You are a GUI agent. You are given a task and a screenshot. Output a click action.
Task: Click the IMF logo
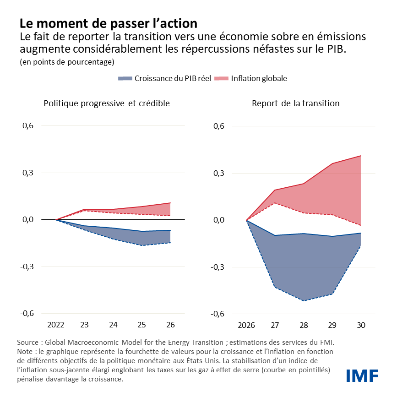tap(362, 375)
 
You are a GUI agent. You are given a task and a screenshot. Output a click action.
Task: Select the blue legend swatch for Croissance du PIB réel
tap(125, 78)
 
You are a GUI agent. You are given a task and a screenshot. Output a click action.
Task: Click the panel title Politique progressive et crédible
tap(107, 103)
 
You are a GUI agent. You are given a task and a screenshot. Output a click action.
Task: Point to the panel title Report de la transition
tap(295, 103)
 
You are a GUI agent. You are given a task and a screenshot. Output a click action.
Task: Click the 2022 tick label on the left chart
tap(56, 325)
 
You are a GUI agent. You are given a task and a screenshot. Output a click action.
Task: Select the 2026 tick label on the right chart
tap(246, 325)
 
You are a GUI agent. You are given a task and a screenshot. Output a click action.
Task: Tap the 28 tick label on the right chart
tap(304, 325)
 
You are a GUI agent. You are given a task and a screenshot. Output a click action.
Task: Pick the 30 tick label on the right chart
tap(361, 325)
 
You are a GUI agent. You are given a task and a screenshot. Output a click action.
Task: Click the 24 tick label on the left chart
tap(113, 325)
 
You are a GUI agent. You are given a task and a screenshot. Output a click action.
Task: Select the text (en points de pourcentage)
tap(66, 61)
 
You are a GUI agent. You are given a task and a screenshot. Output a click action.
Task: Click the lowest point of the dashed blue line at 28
tap(304, 300)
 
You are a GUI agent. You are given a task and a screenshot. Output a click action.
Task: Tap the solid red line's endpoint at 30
tap(361, 156)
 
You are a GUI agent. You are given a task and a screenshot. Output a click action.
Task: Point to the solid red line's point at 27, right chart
tap(275, 190)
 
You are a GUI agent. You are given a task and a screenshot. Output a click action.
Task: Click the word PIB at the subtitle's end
tap(336, 49)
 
